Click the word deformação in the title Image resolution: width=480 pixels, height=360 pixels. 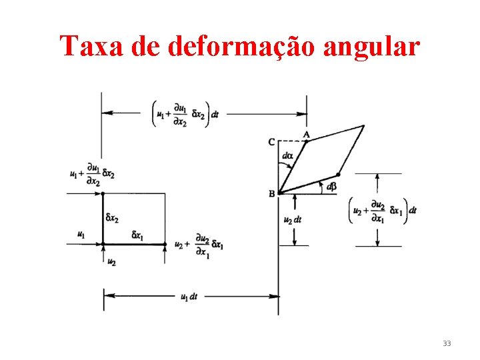225,45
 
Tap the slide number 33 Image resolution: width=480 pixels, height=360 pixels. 446,343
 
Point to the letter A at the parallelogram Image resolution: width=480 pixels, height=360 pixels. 307,134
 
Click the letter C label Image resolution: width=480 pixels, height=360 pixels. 271,141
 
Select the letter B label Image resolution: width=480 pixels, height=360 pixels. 271,193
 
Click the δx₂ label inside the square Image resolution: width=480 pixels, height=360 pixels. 112,218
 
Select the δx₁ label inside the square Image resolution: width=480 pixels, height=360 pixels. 138,235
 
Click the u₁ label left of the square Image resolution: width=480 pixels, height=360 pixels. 81,235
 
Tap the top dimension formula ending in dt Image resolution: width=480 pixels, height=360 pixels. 187,113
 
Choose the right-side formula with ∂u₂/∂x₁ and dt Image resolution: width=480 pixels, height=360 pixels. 383,210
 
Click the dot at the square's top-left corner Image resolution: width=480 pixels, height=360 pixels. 103,193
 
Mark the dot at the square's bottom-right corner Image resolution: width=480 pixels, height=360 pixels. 165,244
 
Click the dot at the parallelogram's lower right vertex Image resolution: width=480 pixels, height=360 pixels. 339,175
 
